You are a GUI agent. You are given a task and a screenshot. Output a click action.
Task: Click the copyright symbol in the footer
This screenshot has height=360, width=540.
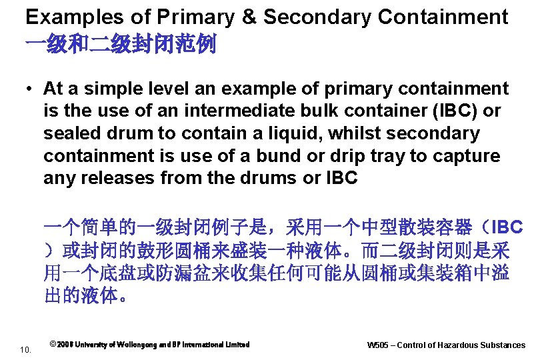53,345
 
